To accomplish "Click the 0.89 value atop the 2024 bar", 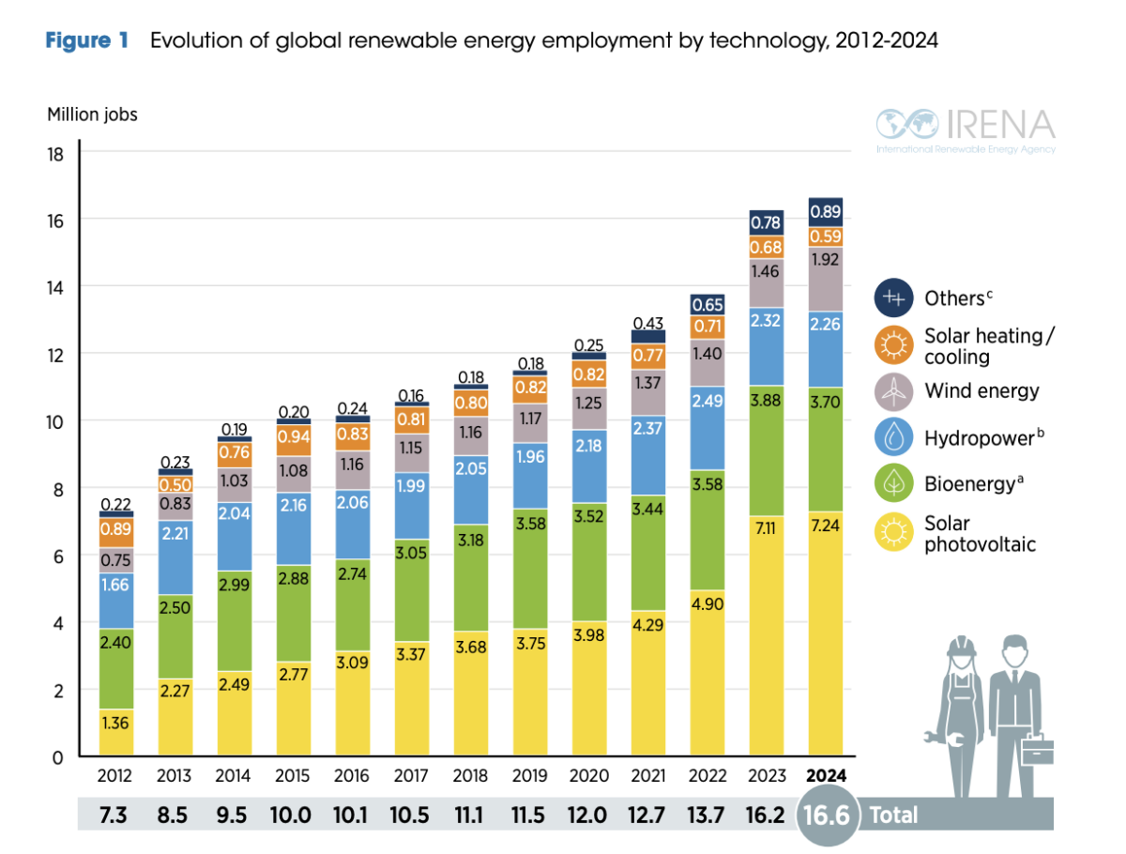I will click(x=825, y=211).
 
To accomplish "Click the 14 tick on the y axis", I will click(x=55, y=286).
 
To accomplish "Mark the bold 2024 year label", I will click(x=825, y=776).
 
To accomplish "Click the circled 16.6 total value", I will click(x=827, y=815).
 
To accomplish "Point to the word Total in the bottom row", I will click(x=892, y=815).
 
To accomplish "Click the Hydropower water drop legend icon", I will click(x=896, y=437).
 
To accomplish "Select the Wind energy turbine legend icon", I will click(x=896, y=390).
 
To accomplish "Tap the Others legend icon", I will click(x=896, y=298).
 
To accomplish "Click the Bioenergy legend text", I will click(x=969, y=484).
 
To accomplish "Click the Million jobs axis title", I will click(x=92, y=114).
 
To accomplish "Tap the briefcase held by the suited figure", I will click(x=1037, y=753).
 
